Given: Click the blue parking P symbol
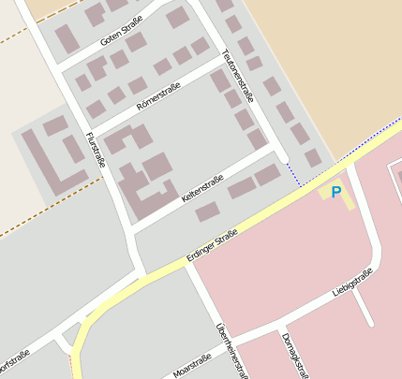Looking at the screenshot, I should (335, 192).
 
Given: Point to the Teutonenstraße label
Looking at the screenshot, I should (237, 76).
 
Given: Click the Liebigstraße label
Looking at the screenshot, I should (352, 282).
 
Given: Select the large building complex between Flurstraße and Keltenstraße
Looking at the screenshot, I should (141, 173).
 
